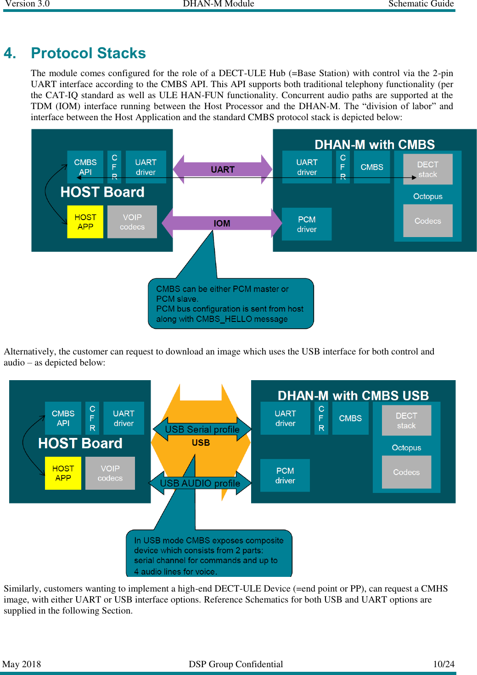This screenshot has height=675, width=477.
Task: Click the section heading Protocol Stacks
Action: click(x=88, y=53)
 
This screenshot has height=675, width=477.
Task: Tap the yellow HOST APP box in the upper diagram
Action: click(x=85, y=222)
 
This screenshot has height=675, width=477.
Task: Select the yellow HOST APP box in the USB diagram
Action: click(x=63, y=473)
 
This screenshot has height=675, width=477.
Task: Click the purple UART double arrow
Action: click(x=222, y=169)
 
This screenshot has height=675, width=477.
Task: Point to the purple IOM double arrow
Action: click(x=222, y=223)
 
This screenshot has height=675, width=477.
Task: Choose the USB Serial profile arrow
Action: click(x=202, y=429)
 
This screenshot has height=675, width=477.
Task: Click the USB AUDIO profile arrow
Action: click(x=200, y=483)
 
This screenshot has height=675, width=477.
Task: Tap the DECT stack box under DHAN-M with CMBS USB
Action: click(x=406, y=420)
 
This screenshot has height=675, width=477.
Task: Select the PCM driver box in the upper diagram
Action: click(x=307, y=224)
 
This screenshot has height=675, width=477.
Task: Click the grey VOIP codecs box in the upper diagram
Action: click(x=132, y=222)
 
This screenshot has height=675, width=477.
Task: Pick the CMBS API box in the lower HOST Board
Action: click(x=63, y=418)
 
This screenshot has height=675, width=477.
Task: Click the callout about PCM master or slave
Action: click(x=230, y=304)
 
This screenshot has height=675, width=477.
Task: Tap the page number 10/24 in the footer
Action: click(x=443, y=664)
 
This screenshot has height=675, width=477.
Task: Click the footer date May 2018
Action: click(x=22, y=664)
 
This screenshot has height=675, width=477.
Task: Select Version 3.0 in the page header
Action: click(x=28, y=4)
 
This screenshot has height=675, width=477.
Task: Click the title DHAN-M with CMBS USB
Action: click(x=353, y=395)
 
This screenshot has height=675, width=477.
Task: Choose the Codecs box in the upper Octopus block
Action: click(x=427, y=221)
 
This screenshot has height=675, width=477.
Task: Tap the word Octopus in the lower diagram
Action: click(x=406, y=448)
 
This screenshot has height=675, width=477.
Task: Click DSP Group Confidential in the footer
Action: click(x=236, y=664)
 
